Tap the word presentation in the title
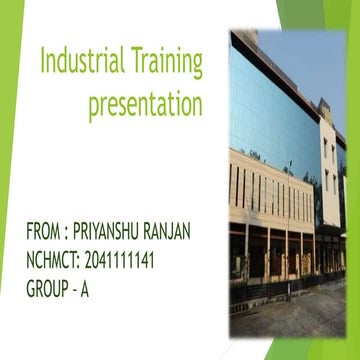click(145, 103)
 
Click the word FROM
click(44, 232)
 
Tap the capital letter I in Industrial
click(44, 63)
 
